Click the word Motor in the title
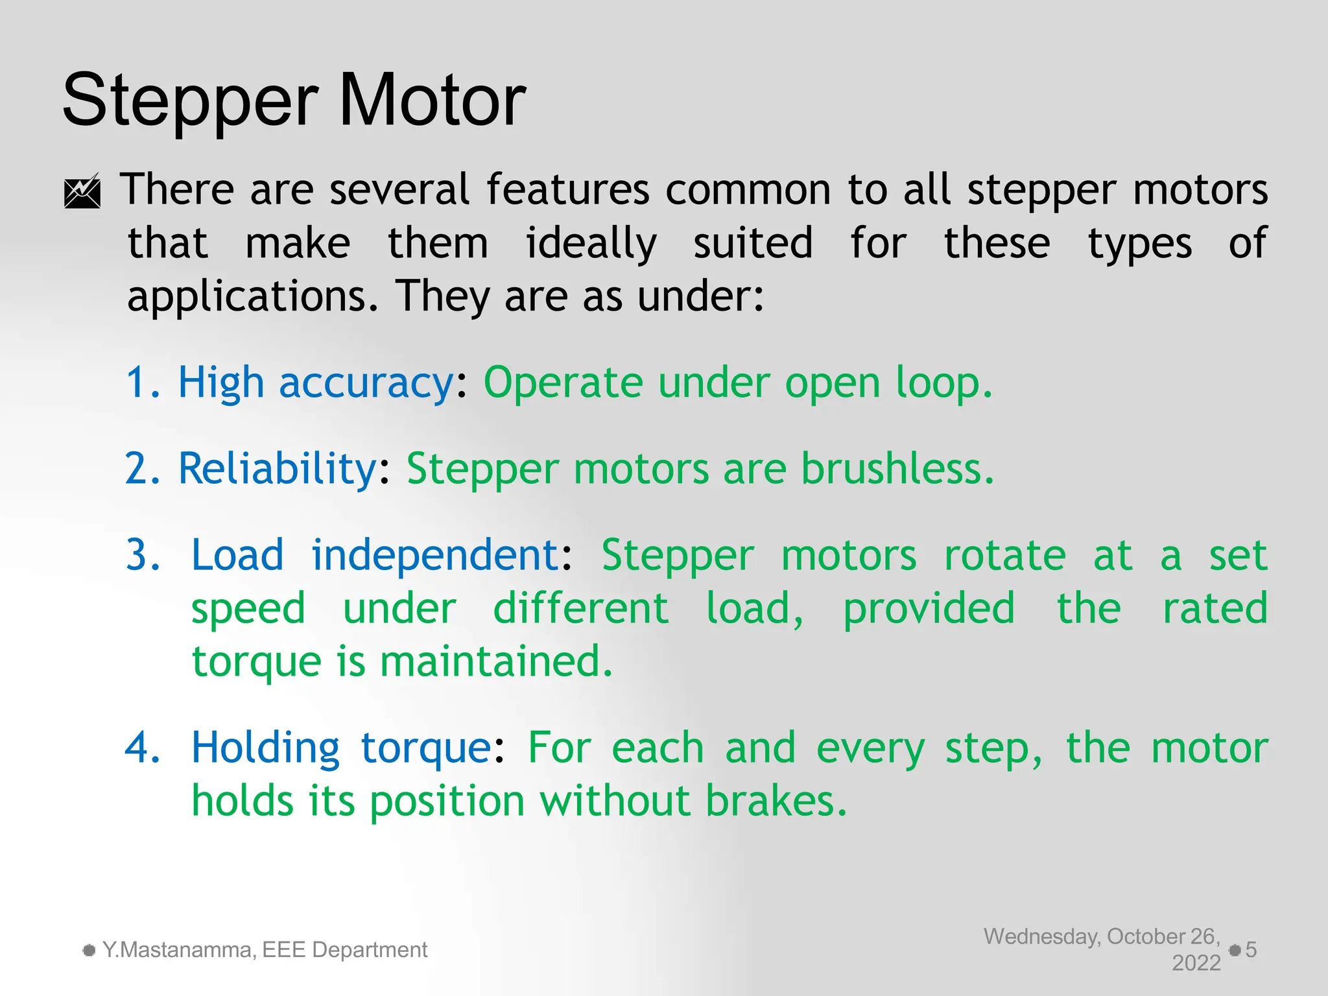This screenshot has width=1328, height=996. pyautogui.click(x=432, y=101)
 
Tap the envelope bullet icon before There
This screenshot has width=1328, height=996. pyautogui.click(x=82, y=191)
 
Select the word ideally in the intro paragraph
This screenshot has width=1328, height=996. pyautogui.click(x=591, y=244)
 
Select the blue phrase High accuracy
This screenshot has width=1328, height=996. pyautogui.click(x=316, y=383)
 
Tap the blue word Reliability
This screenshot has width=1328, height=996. pyautogui.click(x=277, y=468)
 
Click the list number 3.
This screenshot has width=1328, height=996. pyautogui.click(x=143, y=555)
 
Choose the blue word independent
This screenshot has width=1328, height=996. pyautogui.click(x=435, y=555)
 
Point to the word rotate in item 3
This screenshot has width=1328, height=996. pyautogui.click(x=1004, y=555)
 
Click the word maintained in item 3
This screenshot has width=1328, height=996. pyautogui.click(x=496, y=661)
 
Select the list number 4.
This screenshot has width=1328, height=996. pyautogui.click(x=143, y=748)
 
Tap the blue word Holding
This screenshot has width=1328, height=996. pyautogui.click(x=265, y=748)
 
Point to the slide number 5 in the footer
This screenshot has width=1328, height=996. pyautogui.click(x=1251, y=950)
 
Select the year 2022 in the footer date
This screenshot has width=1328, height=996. pyautogui.click(x=1196, y=963)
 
